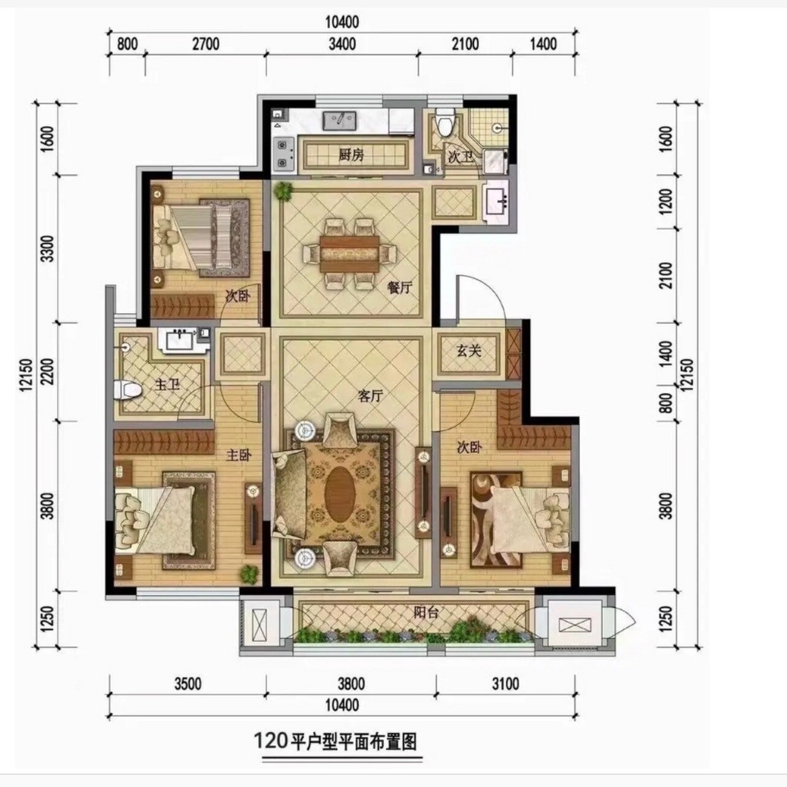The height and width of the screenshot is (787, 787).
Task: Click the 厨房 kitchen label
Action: tap(351, 155)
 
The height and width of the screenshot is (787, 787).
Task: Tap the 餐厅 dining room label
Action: tap(400, 287)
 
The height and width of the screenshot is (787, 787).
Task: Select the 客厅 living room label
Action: tap(370, 396)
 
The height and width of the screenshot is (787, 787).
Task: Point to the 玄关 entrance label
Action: tap(469, 351)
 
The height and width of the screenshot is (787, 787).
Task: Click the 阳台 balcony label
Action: tap(426, 612)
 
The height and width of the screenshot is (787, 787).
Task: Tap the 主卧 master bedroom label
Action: tap(239, 455)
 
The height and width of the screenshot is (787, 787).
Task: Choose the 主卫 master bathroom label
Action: tap(167, 385)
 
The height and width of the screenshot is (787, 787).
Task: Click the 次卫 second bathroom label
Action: tap(460, 157)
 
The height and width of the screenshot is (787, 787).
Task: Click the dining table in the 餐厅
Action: tap(350, 254)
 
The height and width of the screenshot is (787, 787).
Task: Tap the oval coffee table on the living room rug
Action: tap(340, 491)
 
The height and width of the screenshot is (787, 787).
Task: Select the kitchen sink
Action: tap(340, 121)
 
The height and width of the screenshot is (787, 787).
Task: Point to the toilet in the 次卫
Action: tap(445, 123)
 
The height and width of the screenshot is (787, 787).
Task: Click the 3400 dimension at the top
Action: tap(342, 44)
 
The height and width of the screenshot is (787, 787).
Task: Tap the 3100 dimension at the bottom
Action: tap(506, 684)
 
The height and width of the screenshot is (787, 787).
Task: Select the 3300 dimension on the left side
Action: tap(47, 248)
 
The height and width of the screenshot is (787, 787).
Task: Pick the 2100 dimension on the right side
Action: tap(666, 275)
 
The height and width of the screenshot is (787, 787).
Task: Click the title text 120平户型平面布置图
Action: tap(336, 741)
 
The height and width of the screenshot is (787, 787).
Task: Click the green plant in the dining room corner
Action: tap(284, 190)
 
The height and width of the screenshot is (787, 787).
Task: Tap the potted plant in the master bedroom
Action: tap(249, 573)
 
